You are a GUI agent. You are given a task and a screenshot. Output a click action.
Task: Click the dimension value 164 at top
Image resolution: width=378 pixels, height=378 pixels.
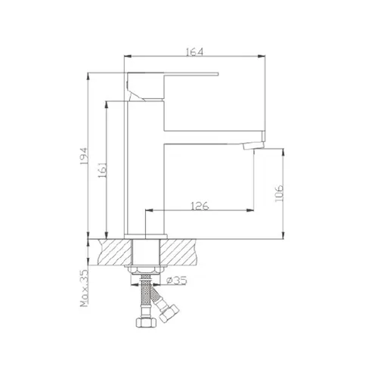click(x=194, y=51)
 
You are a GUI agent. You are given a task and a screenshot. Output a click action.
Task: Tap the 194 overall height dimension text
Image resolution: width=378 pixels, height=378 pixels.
click(x=83, y=156)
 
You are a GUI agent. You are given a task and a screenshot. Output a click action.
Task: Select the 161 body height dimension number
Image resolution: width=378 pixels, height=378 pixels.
click(x=103, y=171)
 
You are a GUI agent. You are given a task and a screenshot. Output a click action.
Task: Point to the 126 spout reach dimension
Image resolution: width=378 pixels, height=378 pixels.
click(x=200, y=206)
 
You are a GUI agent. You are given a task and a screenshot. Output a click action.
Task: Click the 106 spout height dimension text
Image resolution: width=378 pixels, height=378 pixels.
click(x=279, y=194)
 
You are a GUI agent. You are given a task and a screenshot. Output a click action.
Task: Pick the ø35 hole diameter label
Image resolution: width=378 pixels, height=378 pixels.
click(x=177, y=280)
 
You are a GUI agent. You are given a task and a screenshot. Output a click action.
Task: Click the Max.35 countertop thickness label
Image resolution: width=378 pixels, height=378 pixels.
click(x=85, y=288)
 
